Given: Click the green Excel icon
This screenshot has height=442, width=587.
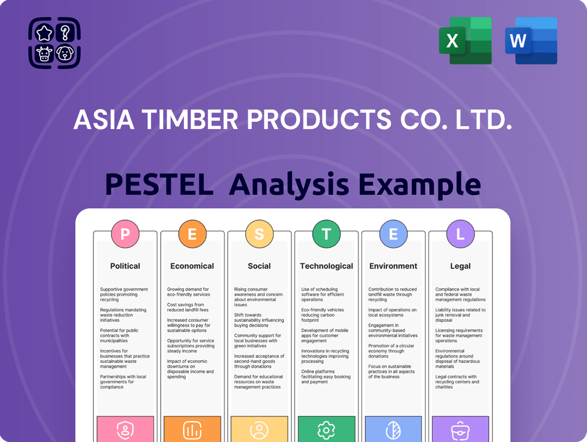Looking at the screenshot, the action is point(465,41).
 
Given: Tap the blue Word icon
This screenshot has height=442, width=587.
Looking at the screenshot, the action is point(531,41).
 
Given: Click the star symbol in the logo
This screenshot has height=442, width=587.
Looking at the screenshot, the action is point(44,33).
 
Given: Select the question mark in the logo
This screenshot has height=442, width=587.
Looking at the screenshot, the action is point(65,33).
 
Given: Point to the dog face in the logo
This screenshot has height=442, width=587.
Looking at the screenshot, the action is point(65,53).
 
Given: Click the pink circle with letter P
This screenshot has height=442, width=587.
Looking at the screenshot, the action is point(125,234).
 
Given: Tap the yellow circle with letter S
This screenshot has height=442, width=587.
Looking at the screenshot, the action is point(259,234).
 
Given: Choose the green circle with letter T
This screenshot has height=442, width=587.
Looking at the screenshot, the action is point(326,234).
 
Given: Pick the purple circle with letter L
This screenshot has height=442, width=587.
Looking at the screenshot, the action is point(460,234).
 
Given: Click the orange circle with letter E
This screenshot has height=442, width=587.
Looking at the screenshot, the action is point(192,234).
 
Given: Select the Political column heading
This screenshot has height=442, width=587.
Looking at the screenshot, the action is point(125,266).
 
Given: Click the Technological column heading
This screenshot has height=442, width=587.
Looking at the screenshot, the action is point(327,266).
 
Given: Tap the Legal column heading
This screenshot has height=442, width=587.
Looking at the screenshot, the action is point(461,266).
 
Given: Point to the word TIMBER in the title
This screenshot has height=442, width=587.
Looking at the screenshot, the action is point(190,120).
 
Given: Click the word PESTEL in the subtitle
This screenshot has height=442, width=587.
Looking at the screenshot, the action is point(159,184).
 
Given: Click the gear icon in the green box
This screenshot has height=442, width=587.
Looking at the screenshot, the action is point(326,430).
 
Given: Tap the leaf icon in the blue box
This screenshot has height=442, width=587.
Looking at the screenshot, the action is point(393,430).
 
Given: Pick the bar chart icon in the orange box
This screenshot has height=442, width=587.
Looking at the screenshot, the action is point(192,430).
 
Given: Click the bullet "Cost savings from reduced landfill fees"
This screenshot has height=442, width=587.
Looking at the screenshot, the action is point(187,307).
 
